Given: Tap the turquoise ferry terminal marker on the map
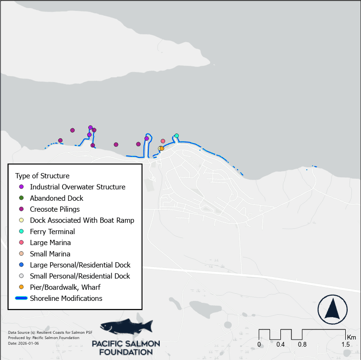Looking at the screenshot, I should point(176,136).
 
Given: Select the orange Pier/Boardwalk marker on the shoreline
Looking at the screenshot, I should point(162,148).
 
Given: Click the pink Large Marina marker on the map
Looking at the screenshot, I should point(163,141).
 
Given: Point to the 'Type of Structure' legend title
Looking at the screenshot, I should point(42,175).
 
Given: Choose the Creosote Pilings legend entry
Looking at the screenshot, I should point(54,209).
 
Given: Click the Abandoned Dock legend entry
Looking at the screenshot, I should point(56,198).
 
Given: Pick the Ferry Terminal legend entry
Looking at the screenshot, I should point(52,232).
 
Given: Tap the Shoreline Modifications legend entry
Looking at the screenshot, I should point(66,298).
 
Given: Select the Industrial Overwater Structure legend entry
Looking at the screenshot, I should point(77,187).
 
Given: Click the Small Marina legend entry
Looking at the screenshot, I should point(50,254).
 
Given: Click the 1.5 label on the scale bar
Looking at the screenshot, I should point(346,344).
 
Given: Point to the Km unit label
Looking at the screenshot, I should point(351,337).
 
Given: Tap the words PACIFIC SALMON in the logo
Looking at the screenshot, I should point(126,344).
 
